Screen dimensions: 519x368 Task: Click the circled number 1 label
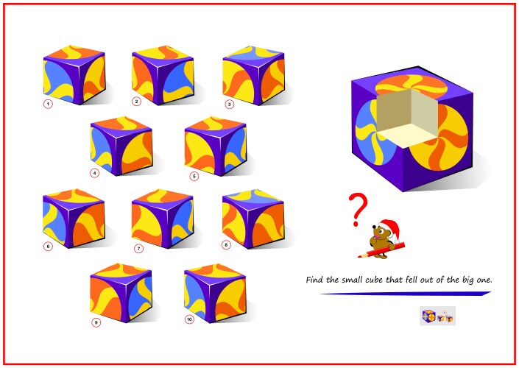coord(48,105)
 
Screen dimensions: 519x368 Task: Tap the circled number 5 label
coord(194,177)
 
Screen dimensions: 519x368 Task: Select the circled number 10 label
coord(189,319)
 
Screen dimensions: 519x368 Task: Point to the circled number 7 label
coord(138,249)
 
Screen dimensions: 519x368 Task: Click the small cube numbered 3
coord(253,76)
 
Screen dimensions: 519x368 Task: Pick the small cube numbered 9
coord(121,293)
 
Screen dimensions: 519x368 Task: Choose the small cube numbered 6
coord(74,219)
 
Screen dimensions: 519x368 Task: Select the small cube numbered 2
coord(163,76)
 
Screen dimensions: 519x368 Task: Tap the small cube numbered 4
coord(121,146)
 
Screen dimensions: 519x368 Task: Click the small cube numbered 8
coord(253,219)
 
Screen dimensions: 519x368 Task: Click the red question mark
coord(358,210)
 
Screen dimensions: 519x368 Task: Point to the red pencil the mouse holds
coord(381,250)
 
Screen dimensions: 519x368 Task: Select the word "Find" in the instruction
coord(314,280)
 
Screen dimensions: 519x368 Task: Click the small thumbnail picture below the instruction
coord(437,316)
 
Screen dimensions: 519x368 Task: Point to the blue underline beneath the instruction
coord(405,293)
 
